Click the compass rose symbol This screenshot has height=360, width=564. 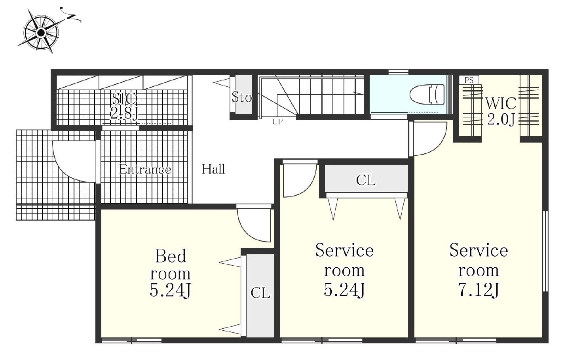pyautogui.click(x=41, y=32)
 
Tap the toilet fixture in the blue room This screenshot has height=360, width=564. pyautogui.click(x=427, y=95)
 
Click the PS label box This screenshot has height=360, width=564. pyautogui.click(x=469, y=80)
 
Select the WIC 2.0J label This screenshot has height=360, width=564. pyautogui.click(x=501, y=111)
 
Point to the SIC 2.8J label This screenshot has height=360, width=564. pyautogui.click(x=125, y=106)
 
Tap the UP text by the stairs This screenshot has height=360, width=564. pyautogui.click(x=277, y=122)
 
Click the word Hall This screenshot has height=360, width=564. pyautogui.click(x=213, y=169)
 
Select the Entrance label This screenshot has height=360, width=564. pyautogui.click(x=145, y=169)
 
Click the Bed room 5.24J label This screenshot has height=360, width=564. pyautogui.click(x=170, y=273)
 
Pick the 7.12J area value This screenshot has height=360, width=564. pyautogui.click(x=479, y=290)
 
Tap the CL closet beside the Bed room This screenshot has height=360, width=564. pyautogui.click(x=260, y=295)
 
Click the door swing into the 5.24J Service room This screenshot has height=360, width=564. pyautogui.click(x=307, y=187)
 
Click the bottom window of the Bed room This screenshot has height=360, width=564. pyautogui.click(x=131, y=341)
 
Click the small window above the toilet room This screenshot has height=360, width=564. pyautogui.click(x=398, y=72)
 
